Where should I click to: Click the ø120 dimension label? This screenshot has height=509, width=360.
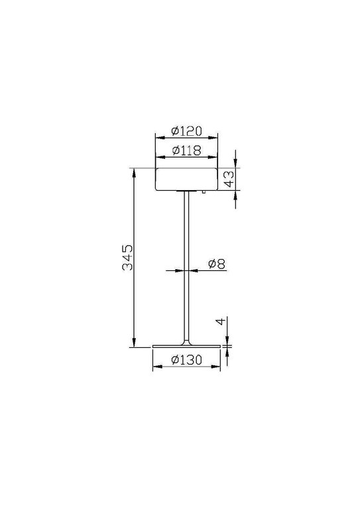186,131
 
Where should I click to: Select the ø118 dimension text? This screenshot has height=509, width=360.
186,150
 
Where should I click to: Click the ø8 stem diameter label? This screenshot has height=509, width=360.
217,264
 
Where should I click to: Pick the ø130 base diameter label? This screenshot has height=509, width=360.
186,361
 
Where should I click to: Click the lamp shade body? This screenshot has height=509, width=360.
186,179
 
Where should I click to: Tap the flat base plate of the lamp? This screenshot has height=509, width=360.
186,347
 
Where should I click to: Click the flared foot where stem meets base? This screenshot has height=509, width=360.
186,342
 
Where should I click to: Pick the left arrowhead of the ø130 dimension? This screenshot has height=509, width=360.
156,368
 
